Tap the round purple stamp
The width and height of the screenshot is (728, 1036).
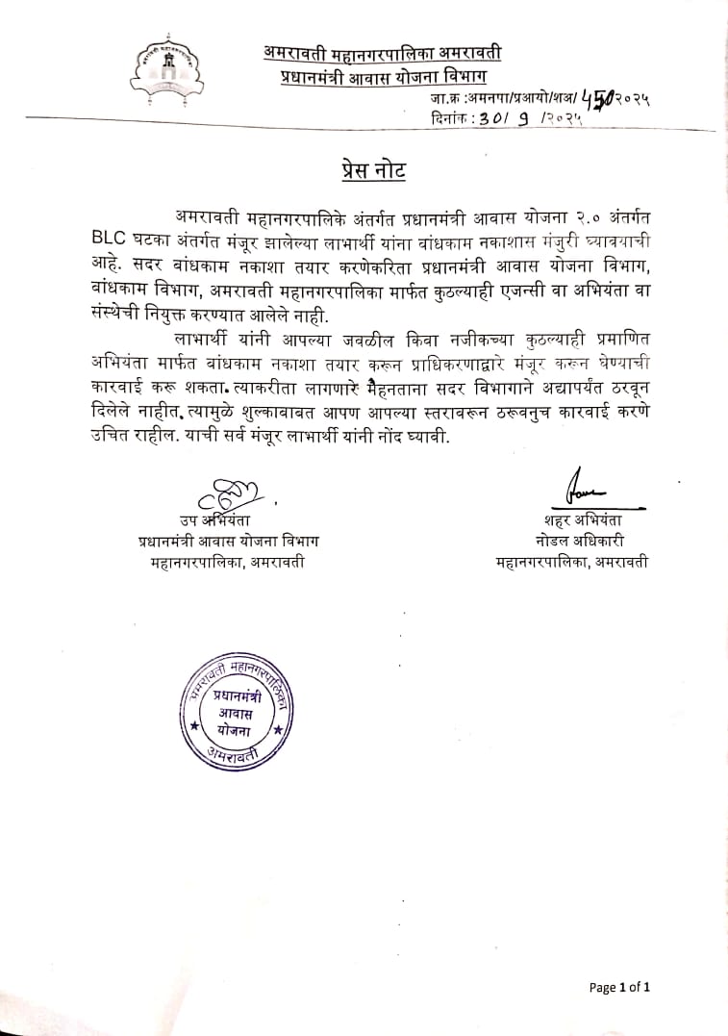[238, 716]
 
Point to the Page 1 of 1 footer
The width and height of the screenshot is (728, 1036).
[620, 987]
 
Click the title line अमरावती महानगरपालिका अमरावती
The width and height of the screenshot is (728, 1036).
[382, 52]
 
